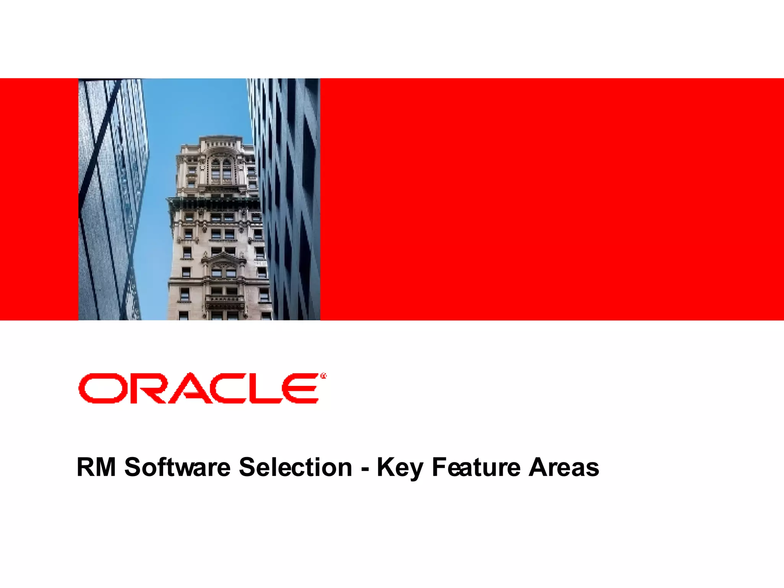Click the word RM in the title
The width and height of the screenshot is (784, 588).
tap(96, 467)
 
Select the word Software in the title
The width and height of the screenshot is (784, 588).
tap(177, 467)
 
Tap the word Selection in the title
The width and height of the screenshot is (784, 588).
tap(295, 467)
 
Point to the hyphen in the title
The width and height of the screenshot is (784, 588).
tap(364, 469)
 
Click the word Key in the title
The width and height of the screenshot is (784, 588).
tap(400, 468)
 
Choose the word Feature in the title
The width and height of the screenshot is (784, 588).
tap(476, 467)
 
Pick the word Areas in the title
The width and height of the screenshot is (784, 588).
tap(563, 467)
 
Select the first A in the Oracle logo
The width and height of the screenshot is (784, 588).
tap(187, 389)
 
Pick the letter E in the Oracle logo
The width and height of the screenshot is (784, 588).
tap(301, 388)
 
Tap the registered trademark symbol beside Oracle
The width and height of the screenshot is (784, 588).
tap(323, 377)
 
